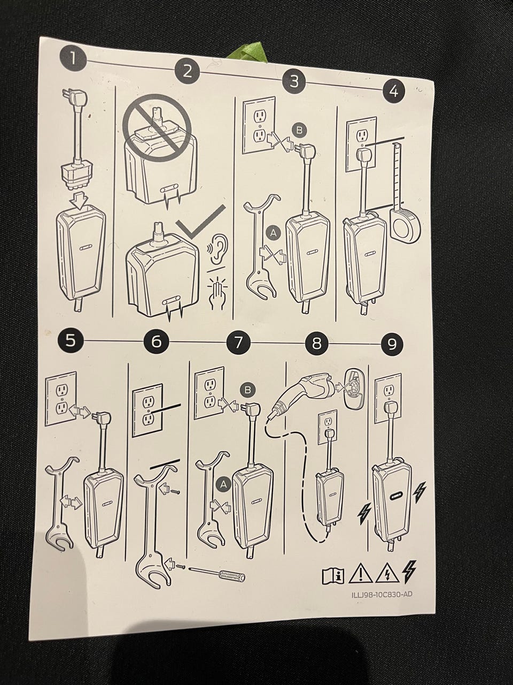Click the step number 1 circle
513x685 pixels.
tap(73, 58)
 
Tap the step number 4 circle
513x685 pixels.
tap(394, 91)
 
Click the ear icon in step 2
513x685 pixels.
tap(217, 249)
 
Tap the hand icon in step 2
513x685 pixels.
tap(217, 292)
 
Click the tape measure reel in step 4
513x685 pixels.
tap(405, 225)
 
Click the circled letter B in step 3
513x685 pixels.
tap(299, 130)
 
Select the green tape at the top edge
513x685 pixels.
tap(245, 52)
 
